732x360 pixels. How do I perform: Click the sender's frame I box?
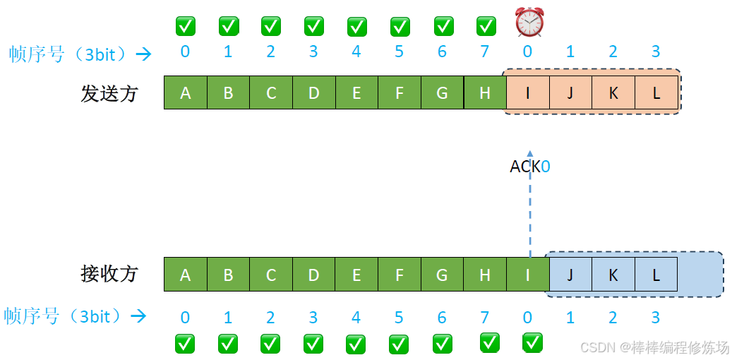(528, 92)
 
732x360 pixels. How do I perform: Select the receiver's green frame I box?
(528, 275)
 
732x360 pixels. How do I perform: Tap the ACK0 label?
(529, 167)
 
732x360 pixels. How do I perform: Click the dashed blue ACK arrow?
(530, 212)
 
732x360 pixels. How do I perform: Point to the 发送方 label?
(109, 94)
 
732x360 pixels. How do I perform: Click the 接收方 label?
(109, 274)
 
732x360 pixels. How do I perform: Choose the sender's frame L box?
(656, 92)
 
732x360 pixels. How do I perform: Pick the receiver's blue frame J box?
(570, 275)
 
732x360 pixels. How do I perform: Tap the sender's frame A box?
(186, 92)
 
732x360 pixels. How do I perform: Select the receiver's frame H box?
(485, 275)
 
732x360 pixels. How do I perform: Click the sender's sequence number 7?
(484, 52)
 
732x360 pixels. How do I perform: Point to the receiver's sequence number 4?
(356, 318)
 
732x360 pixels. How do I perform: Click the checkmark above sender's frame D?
(313, 26)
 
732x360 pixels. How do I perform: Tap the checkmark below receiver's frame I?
(532, 342)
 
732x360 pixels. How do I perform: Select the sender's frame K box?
(613, 92)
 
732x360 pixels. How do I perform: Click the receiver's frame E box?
(356, 275)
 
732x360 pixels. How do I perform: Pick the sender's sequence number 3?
(656, 52)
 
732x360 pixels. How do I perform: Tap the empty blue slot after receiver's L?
(699, 275)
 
